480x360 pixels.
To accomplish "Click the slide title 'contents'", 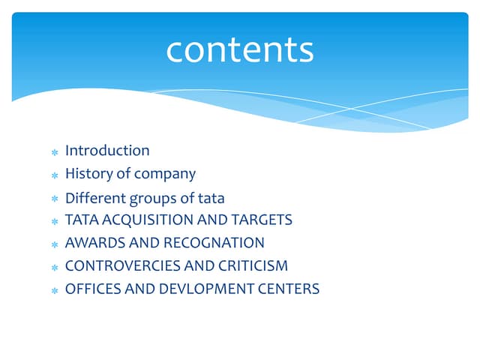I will [x=239, y=49].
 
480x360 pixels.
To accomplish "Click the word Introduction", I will [x=107, y=151].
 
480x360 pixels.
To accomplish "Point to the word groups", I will [x=154, y=199].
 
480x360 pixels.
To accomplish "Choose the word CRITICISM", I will [x=252, y=265].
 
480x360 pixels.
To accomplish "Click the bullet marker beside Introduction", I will [x=54, y=152].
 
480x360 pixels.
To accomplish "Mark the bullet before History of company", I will [x=54, y=175].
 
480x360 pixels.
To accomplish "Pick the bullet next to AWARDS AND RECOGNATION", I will [x=54, y=244].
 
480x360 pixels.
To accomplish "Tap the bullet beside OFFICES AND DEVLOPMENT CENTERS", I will [x=54, y=289].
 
